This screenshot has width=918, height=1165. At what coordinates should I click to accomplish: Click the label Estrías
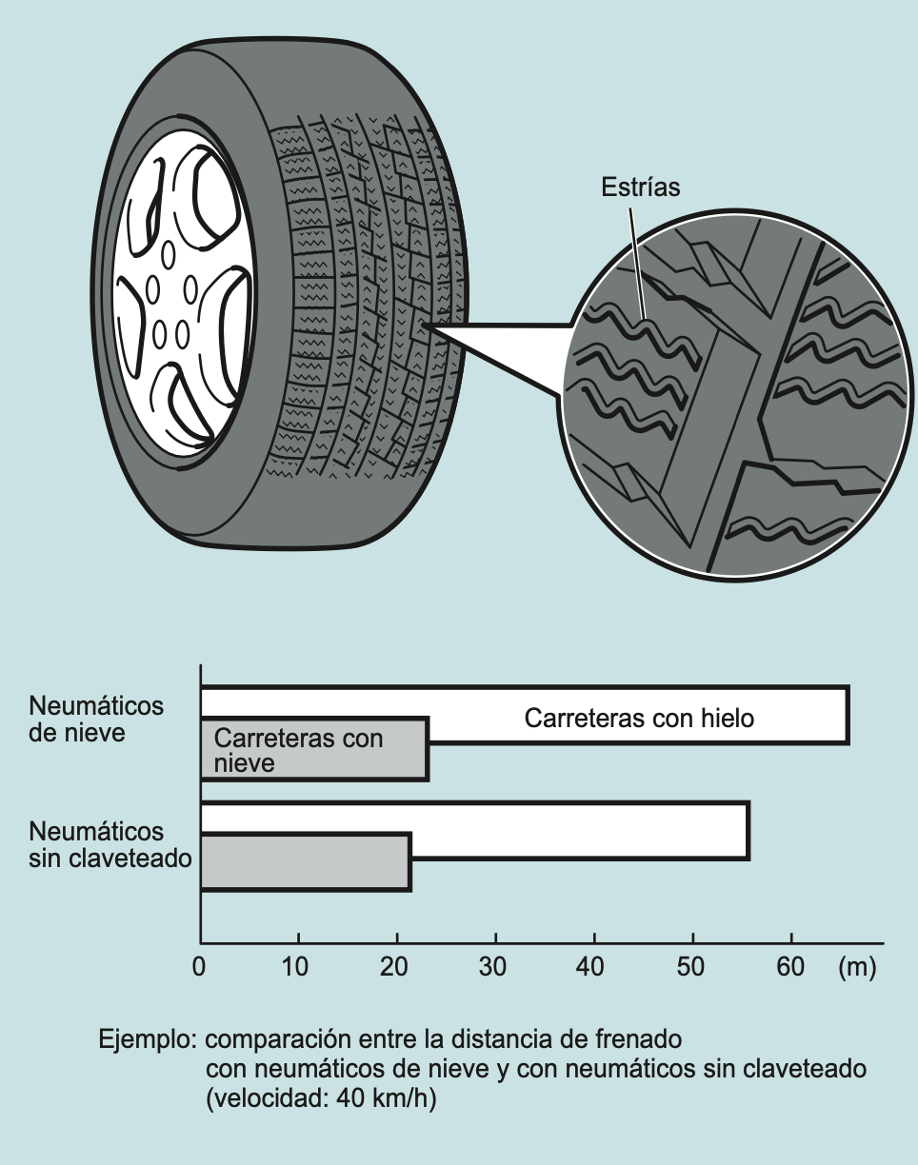coord(641,187)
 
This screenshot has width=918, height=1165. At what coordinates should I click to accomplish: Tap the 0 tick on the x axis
coord(199,968)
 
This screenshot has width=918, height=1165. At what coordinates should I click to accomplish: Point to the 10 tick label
coord(298,968)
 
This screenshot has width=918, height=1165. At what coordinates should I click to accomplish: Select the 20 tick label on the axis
coord(396,968)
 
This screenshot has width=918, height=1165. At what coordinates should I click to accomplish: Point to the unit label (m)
coord(856,968)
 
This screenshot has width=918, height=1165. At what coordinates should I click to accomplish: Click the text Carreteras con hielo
coord(639,718)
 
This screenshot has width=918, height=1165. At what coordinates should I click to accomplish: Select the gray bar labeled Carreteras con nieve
coord(314,750)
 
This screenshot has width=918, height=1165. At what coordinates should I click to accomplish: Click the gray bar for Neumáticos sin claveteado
coord(305,862)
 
